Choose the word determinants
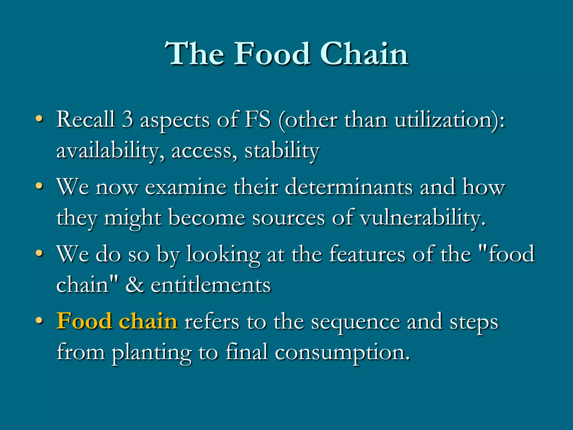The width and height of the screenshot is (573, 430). pyautogui.click(x=349, y=187)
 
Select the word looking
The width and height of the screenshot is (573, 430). pyautogui.click(x=223, y=254)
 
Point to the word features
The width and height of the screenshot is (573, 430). pyautogui.click(x=367, y=254)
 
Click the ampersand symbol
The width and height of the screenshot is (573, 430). pyautogui.click(x=135, y=285)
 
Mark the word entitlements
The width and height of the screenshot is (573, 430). pyautogui.click(x=211, y=285)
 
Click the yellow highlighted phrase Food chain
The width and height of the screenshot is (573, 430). pyautogui.click(x=117, y=321)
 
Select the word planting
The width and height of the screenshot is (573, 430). pyautogui.click(x=152, y=353)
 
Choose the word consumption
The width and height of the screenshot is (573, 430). pyautogui.click(x=342, y=353)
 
